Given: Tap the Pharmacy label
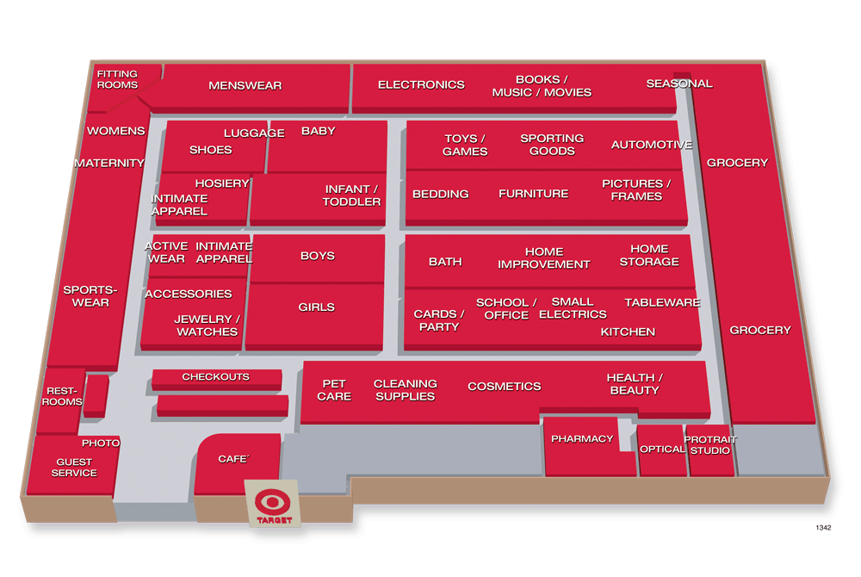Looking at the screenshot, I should coord(582,438).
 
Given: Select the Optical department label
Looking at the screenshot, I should coord(661,450).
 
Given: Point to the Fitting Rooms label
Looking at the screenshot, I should coord(117,80).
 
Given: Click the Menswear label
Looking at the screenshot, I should coord(245,85).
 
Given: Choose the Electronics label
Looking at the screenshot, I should coord(421,84).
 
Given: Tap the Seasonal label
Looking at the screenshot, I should coord(679,84).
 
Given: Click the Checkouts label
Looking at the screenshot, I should coord(215,377).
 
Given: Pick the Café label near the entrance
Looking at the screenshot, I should coord(233,459).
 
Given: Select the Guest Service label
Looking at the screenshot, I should coord(74,467).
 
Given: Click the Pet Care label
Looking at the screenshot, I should coord(334,390).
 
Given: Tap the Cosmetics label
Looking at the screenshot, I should coord(505,387).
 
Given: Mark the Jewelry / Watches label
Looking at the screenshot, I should coord(208,326).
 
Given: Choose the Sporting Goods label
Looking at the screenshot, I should coord(552,145).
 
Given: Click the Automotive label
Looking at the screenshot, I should coord(652,145).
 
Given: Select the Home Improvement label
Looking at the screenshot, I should coord(544,258).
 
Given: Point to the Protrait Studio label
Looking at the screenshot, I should coord(709,445).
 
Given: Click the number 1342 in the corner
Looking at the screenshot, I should coord(823,527).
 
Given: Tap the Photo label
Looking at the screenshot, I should coord(101,443).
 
